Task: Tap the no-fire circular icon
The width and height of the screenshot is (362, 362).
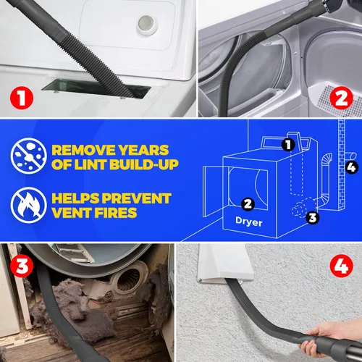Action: coord(27,205)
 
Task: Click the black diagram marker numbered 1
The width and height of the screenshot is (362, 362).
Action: coord(288,145)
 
